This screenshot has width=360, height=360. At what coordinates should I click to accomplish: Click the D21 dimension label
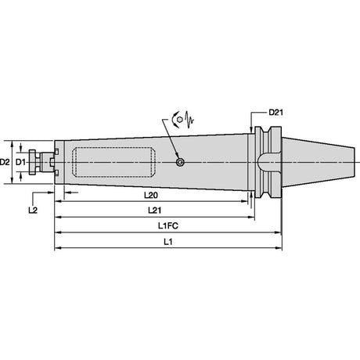click(275, 113)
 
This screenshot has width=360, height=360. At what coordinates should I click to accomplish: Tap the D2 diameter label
click(5, 162)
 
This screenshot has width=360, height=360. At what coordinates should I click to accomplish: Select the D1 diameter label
click(20, 162)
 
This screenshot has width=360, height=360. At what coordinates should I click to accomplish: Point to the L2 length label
click(33, 210)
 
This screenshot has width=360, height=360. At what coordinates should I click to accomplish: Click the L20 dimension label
click(151, 195)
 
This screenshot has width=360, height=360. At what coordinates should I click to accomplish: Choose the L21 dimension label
click(154, 210)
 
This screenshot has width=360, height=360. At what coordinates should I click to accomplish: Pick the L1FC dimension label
click(168, 225)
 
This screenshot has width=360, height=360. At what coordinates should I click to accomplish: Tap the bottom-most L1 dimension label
click(168, 242)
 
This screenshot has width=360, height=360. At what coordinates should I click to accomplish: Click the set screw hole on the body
click(180, 162)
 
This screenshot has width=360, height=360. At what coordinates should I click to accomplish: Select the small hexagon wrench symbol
click(179, 120)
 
